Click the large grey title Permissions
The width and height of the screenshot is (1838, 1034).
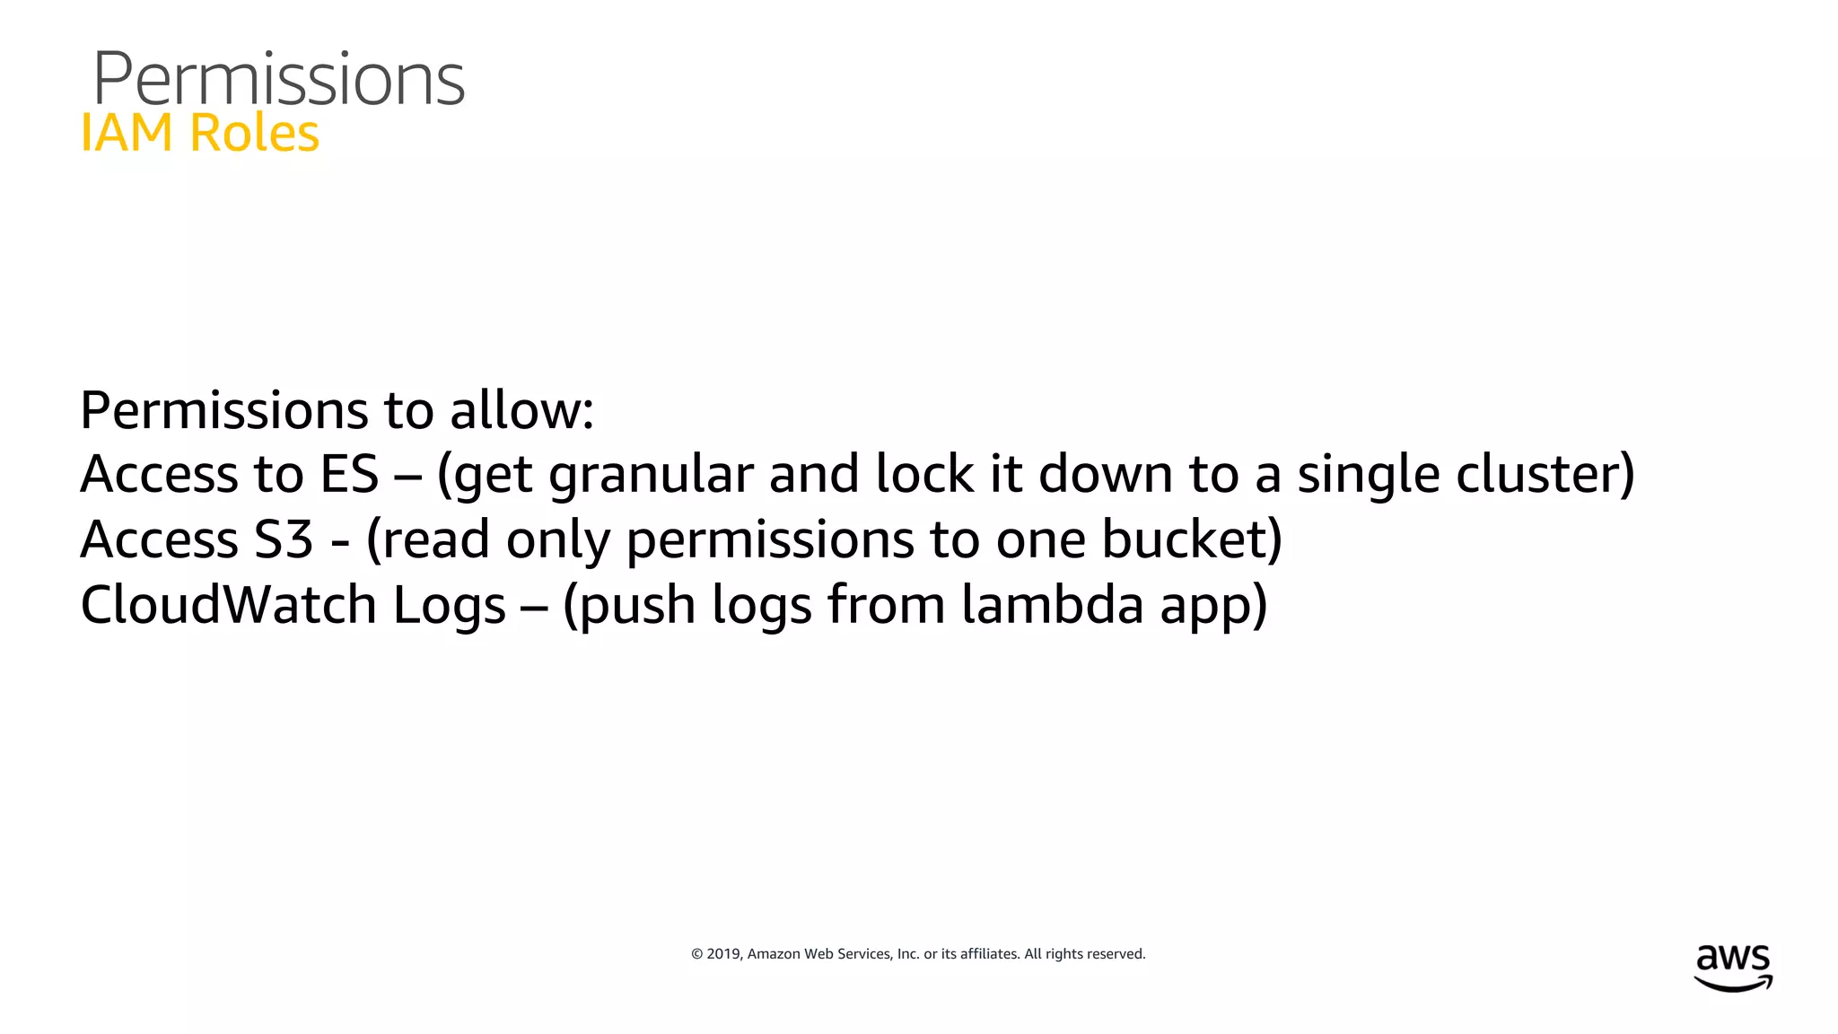278,79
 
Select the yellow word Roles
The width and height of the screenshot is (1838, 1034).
254,133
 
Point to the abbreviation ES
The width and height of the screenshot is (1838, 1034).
349,474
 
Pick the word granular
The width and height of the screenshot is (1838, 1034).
651,474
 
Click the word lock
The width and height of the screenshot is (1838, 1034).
924,474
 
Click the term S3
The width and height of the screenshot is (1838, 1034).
284,539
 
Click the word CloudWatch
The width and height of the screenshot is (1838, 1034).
228,604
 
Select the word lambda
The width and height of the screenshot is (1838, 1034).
1052,604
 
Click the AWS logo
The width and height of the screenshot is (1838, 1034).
1733,968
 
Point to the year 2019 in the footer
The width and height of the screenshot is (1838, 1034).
722,954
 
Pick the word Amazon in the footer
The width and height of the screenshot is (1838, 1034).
774,954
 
